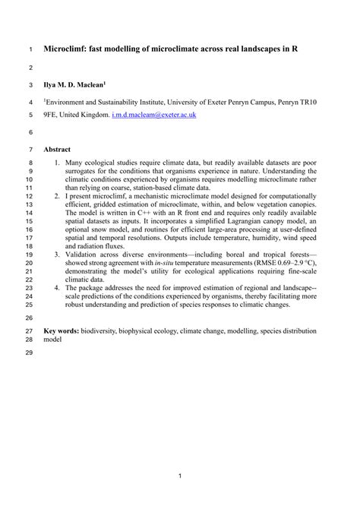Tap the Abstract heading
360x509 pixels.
tap(57, 150)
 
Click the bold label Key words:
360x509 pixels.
tap(65, 332)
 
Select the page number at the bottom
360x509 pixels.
tap(180, 476)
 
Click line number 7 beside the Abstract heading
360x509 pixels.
tap(30, 150)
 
